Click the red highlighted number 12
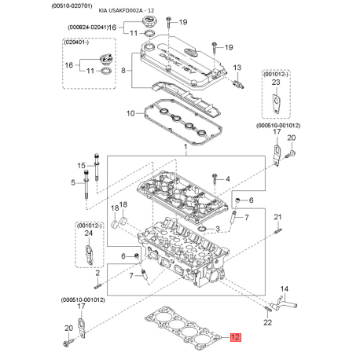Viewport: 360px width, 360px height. coord(235,337)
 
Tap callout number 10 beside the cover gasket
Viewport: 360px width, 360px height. coord(130,113)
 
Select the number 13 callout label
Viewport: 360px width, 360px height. coord(237,68)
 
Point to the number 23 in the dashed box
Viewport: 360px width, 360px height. coord(276,83)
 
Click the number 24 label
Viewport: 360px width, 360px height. coord(89,233)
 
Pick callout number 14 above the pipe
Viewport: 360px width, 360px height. coord(285,289)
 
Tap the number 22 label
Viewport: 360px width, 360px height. coord(267,322)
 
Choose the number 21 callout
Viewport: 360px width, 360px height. coord(277,217)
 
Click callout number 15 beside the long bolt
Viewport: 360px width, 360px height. coord(82,166)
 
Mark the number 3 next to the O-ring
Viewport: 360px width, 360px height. coord(218,230)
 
